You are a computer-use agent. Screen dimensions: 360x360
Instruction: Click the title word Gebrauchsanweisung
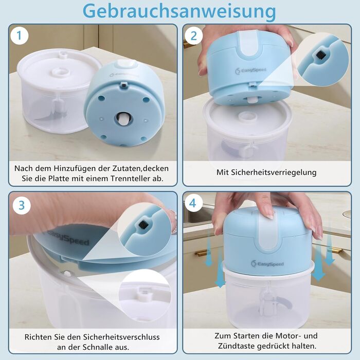coord(179,11)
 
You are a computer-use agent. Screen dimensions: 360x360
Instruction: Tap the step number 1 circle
coord(20,35)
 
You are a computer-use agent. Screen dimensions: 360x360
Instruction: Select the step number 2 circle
coord(193,36)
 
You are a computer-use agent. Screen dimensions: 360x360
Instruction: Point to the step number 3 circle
coord(22,205)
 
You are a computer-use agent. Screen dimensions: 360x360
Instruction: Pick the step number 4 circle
coord(192,203)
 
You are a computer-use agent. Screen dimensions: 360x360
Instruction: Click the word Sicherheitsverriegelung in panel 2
coord(274,172)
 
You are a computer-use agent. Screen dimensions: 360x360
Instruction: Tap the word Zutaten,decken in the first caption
coord(140,168)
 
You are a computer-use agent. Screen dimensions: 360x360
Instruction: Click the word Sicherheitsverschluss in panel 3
coord(121,337)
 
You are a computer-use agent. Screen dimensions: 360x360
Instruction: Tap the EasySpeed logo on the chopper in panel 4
coord(267,264)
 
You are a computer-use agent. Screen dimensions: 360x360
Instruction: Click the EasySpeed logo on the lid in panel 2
coord(250,70)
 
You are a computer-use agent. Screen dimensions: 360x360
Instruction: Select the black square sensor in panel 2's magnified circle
coord(320,55)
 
